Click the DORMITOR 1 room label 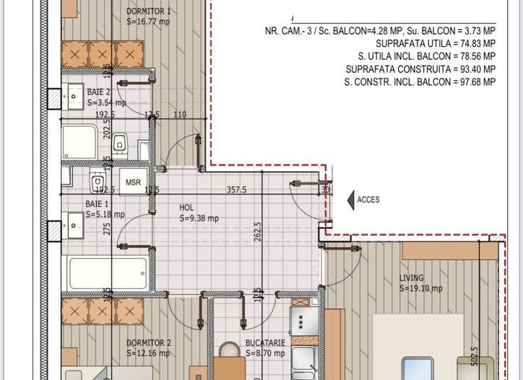tap(149, 12)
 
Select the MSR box tap(134, 182)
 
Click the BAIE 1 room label tap(98, 204)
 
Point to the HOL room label tap(187, 208)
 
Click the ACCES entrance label tap(368, 200)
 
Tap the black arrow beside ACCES tap(350, 200)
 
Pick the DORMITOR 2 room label tap(149, 343)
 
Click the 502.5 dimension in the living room tap(494, 360)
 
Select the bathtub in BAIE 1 tap(109, 273)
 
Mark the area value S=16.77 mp tap(149, 22)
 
